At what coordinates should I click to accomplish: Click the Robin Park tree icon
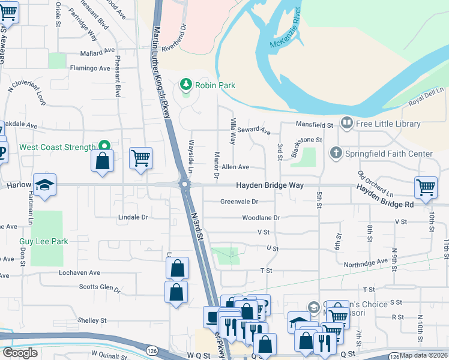tap(186, 85)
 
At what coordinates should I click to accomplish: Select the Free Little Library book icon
tap(346, 124)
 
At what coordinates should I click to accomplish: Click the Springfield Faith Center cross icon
tap(336, 154)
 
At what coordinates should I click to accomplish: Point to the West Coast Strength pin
tap(104, 146)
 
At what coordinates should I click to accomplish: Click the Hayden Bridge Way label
tap(269, 186)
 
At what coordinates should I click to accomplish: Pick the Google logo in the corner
tap(20, 353)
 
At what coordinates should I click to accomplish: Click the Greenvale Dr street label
tap(239, 202)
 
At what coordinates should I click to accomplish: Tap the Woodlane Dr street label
tap(261, 218)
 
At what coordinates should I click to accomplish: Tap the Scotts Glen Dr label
tap(100, 287)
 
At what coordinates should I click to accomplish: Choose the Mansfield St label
tap(314, 125)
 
